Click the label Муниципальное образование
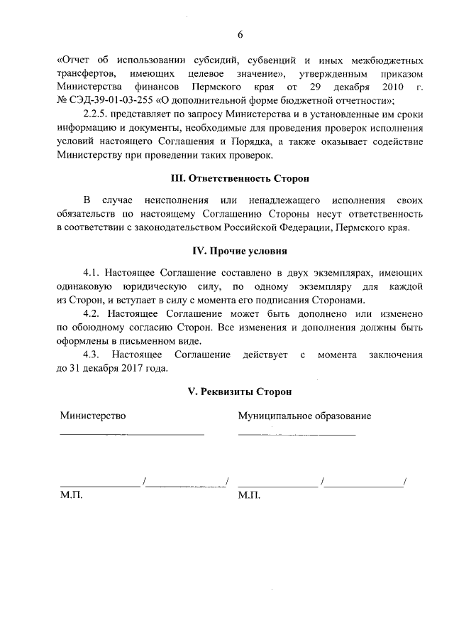coord(304,416)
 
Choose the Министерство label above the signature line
coord(92,416)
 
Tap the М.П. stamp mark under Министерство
coord(71,495)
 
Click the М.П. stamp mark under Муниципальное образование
coord(250,495)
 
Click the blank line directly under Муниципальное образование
coord(297,433)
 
